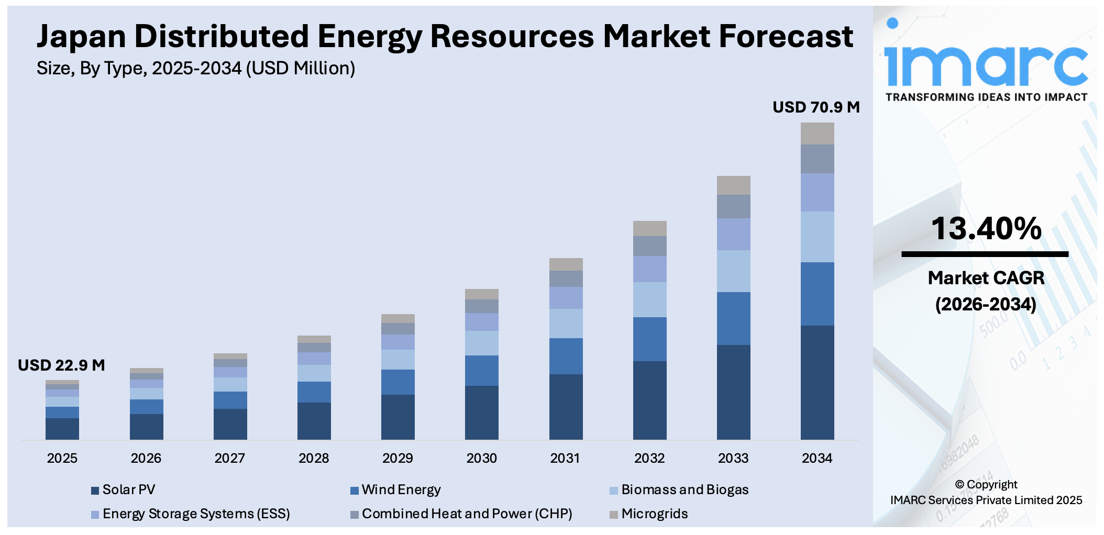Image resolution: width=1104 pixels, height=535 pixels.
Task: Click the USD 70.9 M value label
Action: point(816,107)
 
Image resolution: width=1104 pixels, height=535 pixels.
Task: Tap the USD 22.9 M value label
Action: point(61,365)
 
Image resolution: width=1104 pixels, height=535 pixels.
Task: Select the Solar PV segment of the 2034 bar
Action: point(817,382)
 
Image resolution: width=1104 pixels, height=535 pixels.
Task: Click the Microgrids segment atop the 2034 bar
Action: point(817,133)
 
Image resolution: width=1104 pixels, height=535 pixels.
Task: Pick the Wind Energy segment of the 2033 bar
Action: point(733,318)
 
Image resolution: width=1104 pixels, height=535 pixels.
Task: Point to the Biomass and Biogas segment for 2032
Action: point(649,299)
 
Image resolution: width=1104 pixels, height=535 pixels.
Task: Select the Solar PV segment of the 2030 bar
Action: point(481,413)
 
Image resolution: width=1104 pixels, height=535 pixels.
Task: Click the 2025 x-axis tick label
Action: point(62,459)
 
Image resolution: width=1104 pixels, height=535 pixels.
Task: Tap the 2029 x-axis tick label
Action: point(398,459)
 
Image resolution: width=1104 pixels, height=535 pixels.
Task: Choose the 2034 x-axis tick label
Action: point(817,459)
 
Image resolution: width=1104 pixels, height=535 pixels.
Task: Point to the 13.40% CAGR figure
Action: point(986,229)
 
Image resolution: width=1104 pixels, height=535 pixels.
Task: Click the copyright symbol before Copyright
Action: point(959,485)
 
